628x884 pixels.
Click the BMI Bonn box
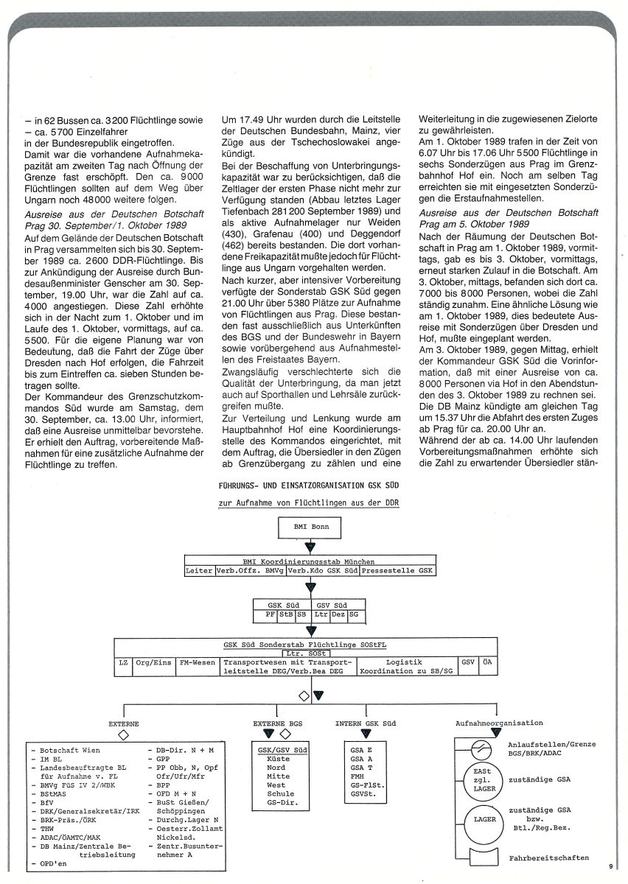(x=310, y=527)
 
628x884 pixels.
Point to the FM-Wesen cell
(x=198, y=663)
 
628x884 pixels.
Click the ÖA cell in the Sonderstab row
(x=487, y=663)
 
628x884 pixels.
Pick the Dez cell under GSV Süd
(x=338, y=613)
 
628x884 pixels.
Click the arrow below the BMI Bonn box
(x=310, y=547)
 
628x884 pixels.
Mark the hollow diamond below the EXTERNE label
(x=123, y=734)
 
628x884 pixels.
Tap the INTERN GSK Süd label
(x=365, y=723)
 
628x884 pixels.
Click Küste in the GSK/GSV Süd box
(x=279, y=758)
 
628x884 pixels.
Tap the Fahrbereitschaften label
(x=548, y=858)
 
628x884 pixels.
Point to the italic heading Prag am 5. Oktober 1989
(x=475, y=223)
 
